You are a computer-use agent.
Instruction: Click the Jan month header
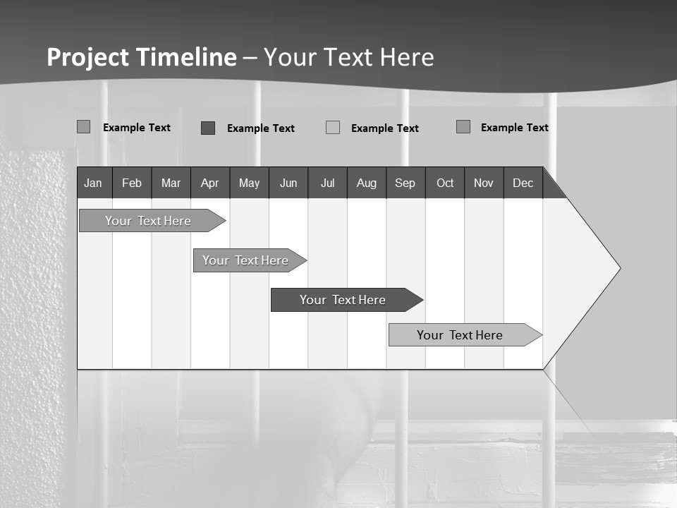click(x=94, y=183)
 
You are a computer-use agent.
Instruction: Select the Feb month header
click(x=132, y=183)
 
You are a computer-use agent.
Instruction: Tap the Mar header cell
click(x=171, y=183)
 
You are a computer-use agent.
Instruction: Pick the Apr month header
click(x=210, y=183)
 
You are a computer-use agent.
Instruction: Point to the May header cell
click(x=249, y=183)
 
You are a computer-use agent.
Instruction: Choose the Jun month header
click(x=288, y=183)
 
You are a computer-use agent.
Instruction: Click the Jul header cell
click(x=327, y=183)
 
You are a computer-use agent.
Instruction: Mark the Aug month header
click(x=367, y=183)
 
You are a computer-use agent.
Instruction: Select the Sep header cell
click(x=405, y=183)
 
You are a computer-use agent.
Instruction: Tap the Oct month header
click(x=445, y=183)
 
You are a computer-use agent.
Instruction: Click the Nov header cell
click(x=484, y=183)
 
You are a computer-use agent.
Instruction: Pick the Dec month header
click(x=523, y=183)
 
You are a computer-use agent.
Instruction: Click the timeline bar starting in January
click(x=148, y=221)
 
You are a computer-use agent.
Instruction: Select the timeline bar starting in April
click(x=245, y=260)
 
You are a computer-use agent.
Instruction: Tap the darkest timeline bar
click(x=343, y=300)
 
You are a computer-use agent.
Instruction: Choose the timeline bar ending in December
click(x=460, y=335)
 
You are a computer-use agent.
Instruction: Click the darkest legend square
click(x=208, y=128)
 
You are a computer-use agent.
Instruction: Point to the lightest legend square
click(x=333, y=128)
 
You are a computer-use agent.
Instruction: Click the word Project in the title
click(x=88, y=57)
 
